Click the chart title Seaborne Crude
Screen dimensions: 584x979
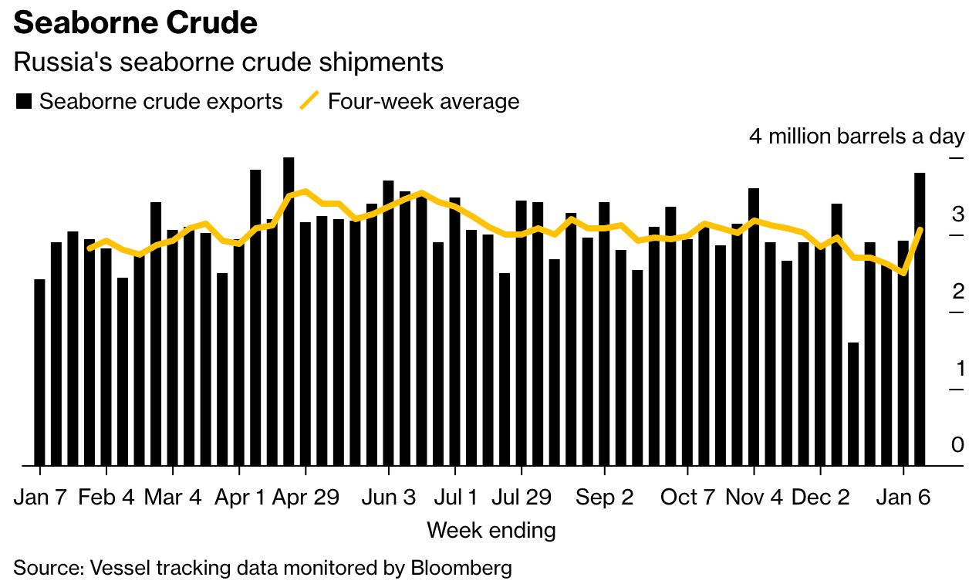(135, 23)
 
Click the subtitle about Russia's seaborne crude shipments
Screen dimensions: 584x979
(228, 62)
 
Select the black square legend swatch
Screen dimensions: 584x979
(24, 101)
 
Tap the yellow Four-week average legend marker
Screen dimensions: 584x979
(309, 101)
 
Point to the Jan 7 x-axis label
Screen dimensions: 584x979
(39, 498)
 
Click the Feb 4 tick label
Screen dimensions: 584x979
(106, 498)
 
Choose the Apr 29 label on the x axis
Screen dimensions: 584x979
(306, 498)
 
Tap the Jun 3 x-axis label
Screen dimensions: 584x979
(389, 498)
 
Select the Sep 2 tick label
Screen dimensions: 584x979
(605, 498)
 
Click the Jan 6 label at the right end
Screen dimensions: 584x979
(903, 498)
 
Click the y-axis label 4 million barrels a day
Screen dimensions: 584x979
(856, 137)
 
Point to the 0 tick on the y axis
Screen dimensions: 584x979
(957, 445)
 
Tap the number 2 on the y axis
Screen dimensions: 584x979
(958, 292)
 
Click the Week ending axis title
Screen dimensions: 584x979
(491, 531)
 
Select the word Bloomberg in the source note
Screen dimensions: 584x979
(461, 569)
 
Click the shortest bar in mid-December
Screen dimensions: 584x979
(853, 403)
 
